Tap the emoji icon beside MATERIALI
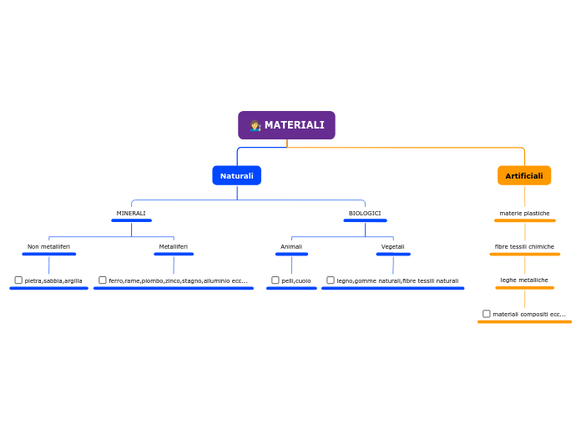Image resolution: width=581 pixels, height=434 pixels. tap(255, 125)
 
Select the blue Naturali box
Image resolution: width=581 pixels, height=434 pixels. tap(236, 175)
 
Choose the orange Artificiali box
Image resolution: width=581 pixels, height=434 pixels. tap(524, 175)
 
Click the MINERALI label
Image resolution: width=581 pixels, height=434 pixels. tap(131, 214)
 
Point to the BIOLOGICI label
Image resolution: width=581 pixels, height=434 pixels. tap(365, 214)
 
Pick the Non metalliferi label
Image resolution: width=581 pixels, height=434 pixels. tap(48, 247)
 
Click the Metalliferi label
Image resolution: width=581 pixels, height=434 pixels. tap(174, 247)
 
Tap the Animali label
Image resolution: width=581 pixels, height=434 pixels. tap(291, 247)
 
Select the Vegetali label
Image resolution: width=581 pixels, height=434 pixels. tap(393, 247)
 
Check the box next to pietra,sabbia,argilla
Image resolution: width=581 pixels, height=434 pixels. tap(18, 280)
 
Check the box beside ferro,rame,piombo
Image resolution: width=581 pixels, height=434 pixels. tap(103, 280)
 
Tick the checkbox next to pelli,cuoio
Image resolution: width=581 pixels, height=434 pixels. tap(275, 280)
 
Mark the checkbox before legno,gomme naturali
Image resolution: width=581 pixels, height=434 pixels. tap(331, 280)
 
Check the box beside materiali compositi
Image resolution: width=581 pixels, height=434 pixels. tap(487, 314)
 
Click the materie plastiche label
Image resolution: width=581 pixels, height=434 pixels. tap(524, 214)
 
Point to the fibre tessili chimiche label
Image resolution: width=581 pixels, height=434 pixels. tap(524, 247)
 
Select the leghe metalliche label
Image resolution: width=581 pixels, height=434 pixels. tap(524, 280)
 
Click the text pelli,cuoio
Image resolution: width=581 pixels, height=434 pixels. tap(296, 281)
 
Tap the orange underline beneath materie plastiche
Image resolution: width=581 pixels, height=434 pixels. tap(524, 221)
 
